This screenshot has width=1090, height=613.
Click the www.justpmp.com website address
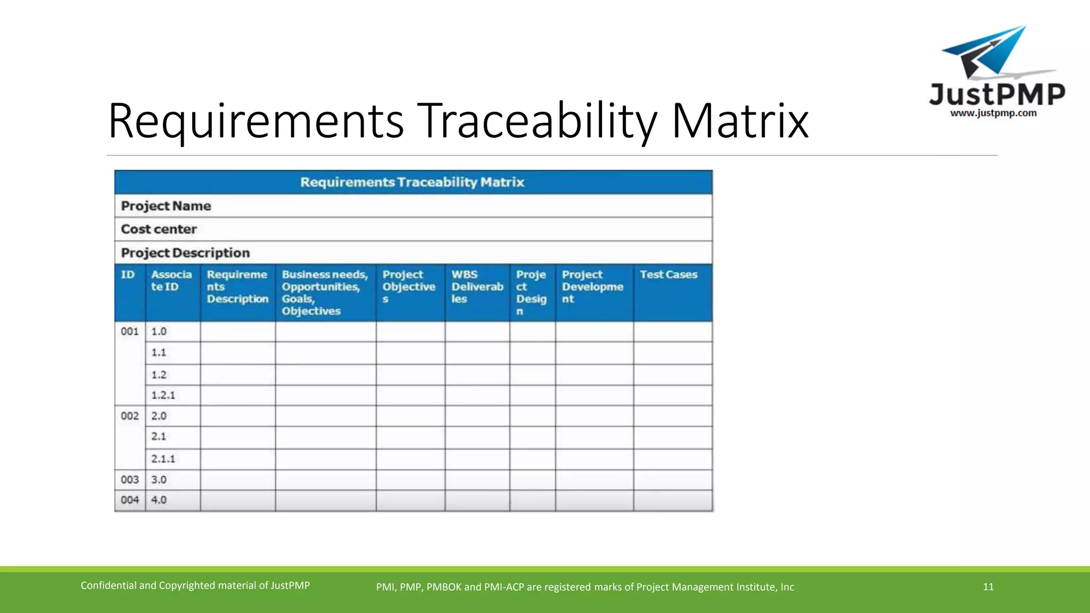click(x=993, y=113)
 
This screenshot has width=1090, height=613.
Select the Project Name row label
click(x=166, y=206)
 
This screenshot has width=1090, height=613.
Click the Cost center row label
click(x=159, y=229)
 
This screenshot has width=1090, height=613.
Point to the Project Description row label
click(x=185, y=253)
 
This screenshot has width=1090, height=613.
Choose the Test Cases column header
click(x=668, y=275)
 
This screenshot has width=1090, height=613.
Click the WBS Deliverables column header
click(x=477, y=287)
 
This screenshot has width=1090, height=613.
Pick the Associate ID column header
click(x=171, y=281)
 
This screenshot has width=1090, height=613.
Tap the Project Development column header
click(x=592, y=287)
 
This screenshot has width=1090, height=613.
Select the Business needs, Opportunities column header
click(x=325, y=293)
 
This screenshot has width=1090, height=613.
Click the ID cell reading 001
click(x=129, y=332)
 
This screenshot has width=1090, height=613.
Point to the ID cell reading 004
click(x=129, y=500)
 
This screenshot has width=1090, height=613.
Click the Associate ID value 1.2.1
click(x=163, y=395)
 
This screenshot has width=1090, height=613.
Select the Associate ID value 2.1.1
click(x=163, y=459)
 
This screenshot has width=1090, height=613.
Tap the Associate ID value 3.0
click(x=159, y=480)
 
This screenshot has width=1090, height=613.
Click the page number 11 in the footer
click(x=988, y=587)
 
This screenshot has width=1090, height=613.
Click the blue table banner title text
click(x=412, y=183)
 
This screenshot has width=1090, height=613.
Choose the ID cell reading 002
click(x=129, y=416)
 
